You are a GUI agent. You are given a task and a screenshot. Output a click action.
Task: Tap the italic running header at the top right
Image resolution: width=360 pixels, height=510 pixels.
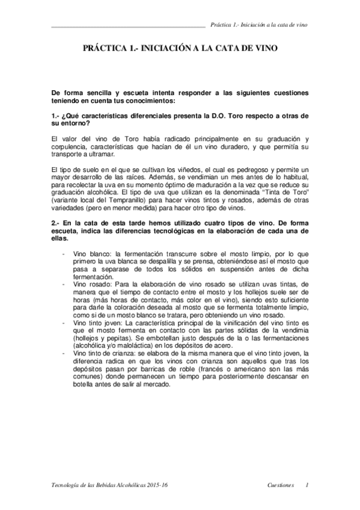[x=260, y=25]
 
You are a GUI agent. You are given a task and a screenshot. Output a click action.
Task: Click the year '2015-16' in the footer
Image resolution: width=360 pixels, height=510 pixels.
[x=153, y=485]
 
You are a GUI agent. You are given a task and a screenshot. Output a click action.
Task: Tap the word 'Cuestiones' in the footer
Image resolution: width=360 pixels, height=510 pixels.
[x=280, y=485]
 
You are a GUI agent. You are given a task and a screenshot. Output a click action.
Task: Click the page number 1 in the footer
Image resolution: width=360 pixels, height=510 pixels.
[x=307, y=485]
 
